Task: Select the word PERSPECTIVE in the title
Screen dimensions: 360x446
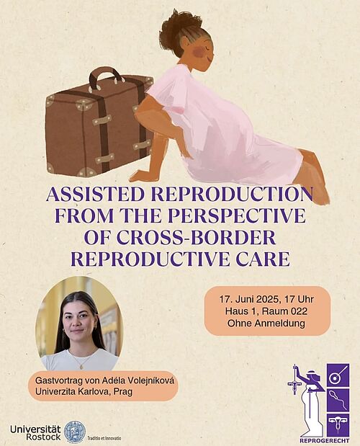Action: [x=237, y=216]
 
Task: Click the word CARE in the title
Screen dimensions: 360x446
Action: [x=261, y=259]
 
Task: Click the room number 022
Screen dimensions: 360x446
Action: [x=298, y=311]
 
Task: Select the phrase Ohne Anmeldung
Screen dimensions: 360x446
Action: [x=266, y=324]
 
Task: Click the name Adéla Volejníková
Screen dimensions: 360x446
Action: [x=135, y=380]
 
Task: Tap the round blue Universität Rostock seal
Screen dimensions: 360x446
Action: [x=75, y=432]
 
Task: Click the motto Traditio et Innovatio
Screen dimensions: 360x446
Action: [x=104, y=438]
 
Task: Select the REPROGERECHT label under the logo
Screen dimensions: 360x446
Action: [x=325, y=440]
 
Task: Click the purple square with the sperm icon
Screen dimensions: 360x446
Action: [x=338, y=400]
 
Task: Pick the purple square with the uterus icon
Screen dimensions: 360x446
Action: [x=338, y=425]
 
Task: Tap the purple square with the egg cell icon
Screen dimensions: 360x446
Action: [x=338, y=375]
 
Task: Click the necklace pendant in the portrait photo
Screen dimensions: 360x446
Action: [x=81, y=367]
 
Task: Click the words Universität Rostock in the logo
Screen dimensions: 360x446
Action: [x=35, y=432]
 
